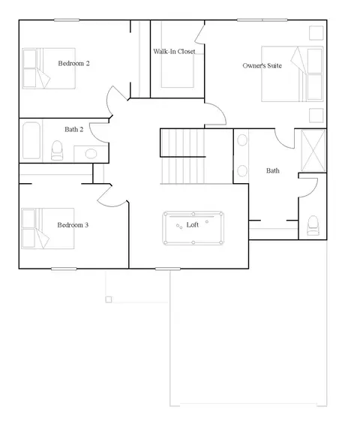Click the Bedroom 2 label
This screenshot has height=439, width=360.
pos(73,64)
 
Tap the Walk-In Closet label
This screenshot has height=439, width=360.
pos(174,52)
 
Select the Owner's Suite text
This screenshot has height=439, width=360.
pos(262,66)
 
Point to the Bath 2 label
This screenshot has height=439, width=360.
pos(73,129)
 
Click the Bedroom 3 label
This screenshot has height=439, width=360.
pos(73,225)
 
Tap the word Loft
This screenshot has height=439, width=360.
pos(193,225)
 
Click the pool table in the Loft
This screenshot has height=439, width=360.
pos(193,228)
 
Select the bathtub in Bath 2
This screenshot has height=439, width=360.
pos(31,140)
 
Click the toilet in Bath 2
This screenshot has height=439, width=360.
pos(57,150)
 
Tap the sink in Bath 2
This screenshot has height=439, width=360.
pos(91,154)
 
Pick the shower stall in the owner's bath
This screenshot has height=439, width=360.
pos(313,151)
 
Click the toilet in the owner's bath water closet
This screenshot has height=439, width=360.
pos(313,225)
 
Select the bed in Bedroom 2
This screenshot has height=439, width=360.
pos(49,68)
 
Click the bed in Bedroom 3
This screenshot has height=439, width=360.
pos(48,228)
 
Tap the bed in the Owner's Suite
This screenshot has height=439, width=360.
pos(292,74)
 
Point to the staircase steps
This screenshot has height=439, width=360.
pos(183,156)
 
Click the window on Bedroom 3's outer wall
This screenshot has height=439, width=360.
pos(64,269)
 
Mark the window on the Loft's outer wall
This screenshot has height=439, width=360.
pos(168,269)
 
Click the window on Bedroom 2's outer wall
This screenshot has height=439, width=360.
pos(67,20)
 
